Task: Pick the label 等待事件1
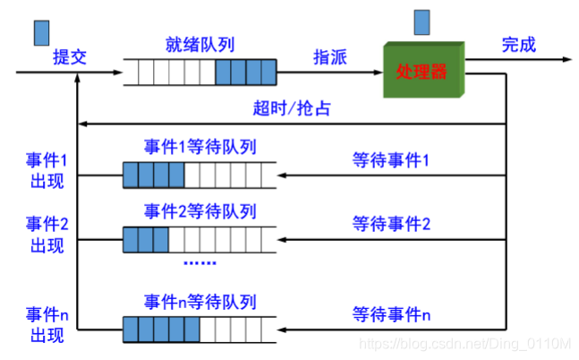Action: tap(391, 161)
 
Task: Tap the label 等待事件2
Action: tap(391, 224)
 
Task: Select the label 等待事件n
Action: tap(391, 315)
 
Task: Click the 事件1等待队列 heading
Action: tap(200, 146)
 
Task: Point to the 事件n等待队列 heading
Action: tap(200, 300)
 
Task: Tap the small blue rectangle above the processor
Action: tap(422, 19)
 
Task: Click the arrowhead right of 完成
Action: tap(565, 59)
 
